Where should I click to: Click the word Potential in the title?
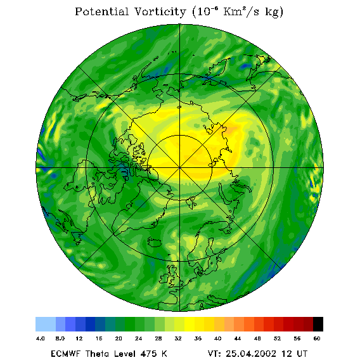tap(101, 11)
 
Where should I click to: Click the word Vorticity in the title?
tap(160, 11)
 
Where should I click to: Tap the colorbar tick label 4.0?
tap(40, 338)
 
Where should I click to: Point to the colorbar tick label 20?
tap(119, 338)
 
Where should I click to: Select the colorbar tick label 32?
tap(178, 338)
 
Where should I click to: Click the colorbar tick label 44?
tap(238, 338)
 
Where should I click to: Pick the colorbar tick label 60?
tap(317, 338)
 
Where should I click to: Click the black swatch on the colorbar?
tap(318, 324)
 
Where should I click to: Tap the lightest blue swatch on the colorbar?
tap(46, 324)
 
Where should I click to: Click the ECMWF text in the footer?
tap(65, 354)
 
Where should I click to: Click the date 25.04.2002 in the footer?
tap(251, 354)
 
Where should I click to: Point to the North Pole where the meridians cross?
tap(180, 167)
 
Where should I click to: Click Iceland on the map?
tap(156, 242)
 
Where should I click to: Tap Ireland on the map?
tap(164, 278)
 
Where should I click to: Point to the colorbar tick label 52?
tap(277, 338)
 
